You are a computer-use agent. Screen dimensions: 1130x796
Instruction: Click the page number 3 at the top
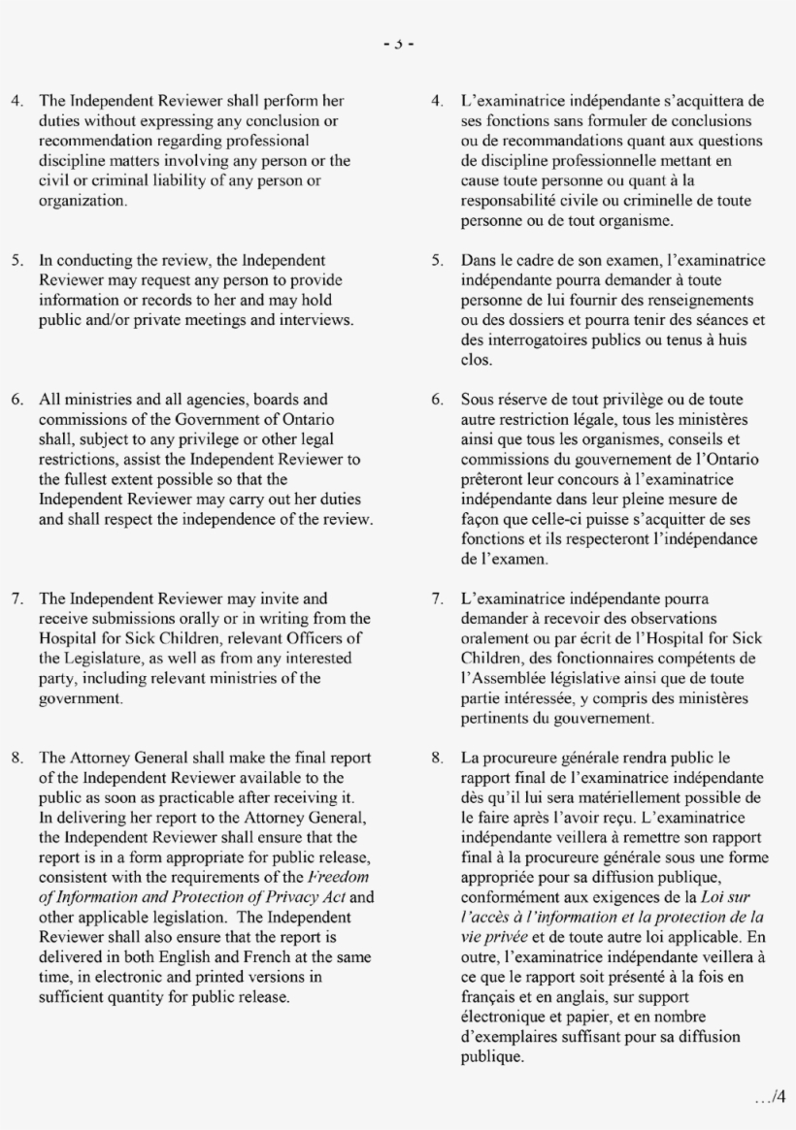[x=398, y=43]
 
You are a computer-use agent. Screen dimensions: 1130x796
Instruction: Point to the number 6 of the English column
[x=17, y=399]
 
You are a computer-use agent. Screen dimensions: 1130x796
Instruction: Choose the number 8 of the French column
[x=439, y=759]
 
